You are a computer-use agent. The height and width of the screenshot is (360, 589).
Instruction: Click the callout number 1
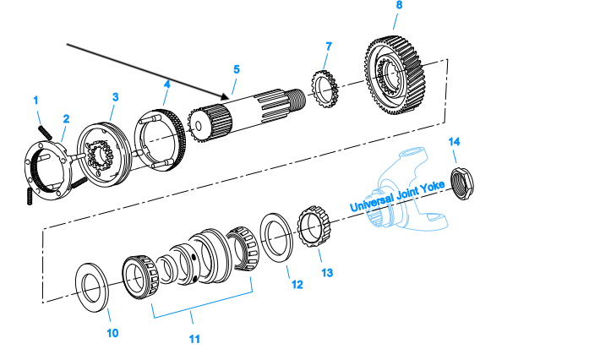36,101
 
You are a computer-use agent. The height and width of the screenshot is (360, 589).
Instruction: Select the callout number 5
237,68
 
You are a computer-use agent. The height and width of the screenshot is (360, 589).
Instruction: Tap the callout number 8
399,6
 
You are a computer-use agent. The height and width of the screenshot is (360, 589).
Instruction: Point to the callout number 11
194,339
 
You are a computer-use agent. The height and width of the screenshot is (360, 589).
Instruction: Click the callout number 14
455,141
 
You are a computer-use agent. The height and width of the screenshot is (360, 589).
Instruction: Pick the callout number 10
112,332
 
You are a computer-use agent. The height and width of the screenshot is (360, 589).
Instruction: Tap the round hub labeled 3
106,152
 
